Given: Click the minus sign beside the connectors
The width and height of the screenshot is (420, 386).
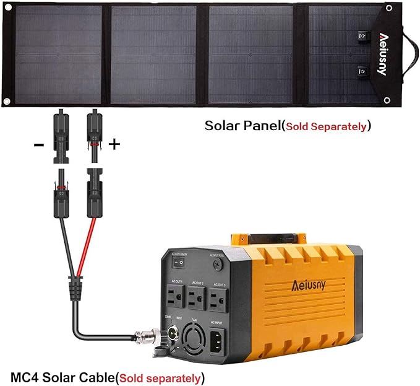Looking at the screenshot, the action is (39, 145).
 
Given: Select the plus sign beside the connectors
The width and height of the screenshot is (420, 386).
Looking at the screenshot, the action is (114, 145).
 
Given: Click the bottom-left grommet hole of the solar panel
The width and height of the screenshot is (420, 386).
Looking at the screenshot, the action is (8, 101).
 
